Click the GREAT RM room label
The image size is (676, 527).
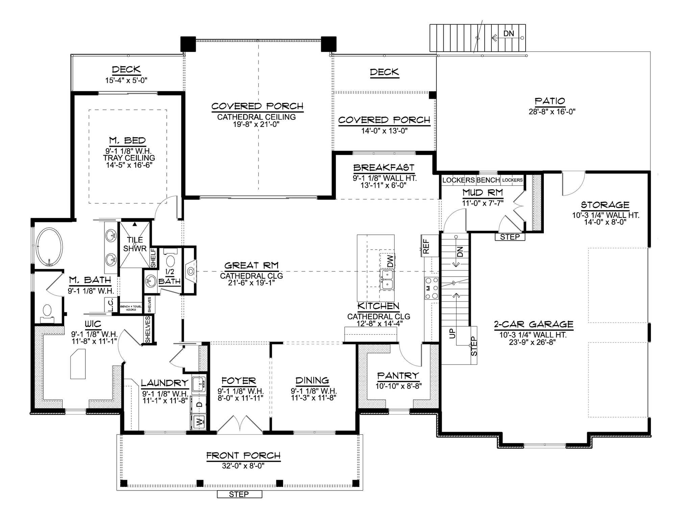pyautogui.click(x=251, y=266)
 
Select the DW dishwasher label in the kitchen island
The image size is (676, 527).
pyautogui.click(x=390, y=261)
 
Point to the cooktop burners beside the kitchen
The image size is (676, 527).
pyautogui.click(x=431, y=288)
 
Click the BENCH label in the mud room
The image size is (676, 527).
pyautogui.click(x=488, y=180)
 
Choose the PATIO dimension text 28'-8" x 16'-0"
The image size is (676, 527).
pyautogui.click(x=552, y=111)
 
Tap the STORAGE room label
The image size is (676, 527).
pyautogui.click(x=605, y=205)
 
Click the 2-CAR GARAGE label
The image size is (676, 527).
pyautogui.click(x=534, y=324)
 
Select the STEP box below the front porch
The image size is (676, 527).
pyautogui.click(x=239, y=494)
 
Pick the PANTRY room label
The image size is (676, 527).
pyautogui.click(x=398, y=376)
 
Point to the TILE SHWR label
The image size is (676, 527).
pyautogui.click(x=135, y=244)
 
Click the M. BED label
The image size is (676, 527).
pyautogui.click(x=127, y=141)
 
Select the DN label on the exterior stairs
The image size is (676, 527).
pyautogui.click(x=509, y=33)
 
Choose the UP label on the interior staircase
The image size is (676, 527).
pyautogui.click(x=452, y=333)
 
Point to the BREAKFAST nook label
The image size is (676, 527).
pyautogui.click(x=384, y=168)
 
